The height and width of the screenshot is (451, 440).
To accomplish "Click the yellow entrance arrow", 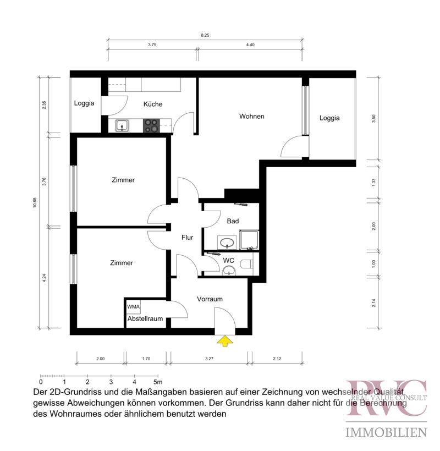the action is (x=224, y=341).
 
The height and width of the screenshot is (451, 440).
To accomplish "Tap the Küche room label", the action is (x=153, y=104).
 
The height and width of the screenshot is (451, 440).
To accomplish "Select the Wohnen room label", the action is (x=252, y=116).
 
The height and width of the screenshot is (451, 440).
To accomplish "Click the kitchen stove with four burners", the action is (x=151, y=126).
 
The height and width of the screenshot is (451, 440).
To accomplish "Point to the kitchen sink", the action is (x=122, y=126).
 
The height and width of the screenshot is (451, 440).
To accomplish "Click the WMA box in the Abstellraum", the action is (x=133, y=306).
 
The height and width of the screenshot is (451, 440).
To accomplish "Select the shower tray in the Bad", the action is (x=249, y=240).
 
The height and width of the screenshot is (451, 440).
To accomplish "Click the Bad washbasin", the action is (x=227, y=243).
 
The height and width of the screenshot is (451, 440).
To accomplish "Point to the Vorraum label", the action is (x=210, y=299).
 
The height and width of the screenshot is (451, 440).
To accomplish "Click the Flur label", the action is (x=187, y=237).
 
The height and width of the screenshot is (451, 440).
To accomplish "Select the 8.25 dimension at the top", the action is (x=205, y=35).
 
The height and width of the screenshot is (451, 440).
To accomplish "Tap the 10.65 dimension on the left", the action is (x=35, y=202).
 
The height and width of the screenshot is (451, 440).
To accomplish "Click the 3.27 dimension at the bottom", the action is (x=210, y=359).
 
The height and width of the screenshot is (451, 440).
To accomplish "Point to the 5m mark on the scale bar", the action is (x=158, y=382).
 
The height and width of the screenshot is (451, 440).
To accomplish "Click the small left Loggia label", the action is (x=84, y=103).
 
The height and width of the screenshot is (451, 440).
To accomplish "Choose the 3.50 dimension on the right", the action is (x=373, y=118).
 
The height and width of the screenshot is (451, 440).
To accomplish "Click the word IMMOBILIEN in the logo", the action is (x=386, y=432).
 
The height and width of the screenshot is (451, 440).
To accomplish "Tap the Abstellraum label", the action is (x=145, y=318).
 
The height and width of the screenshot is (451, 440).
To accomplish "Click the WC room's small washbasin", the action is (x=229, y=271).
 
